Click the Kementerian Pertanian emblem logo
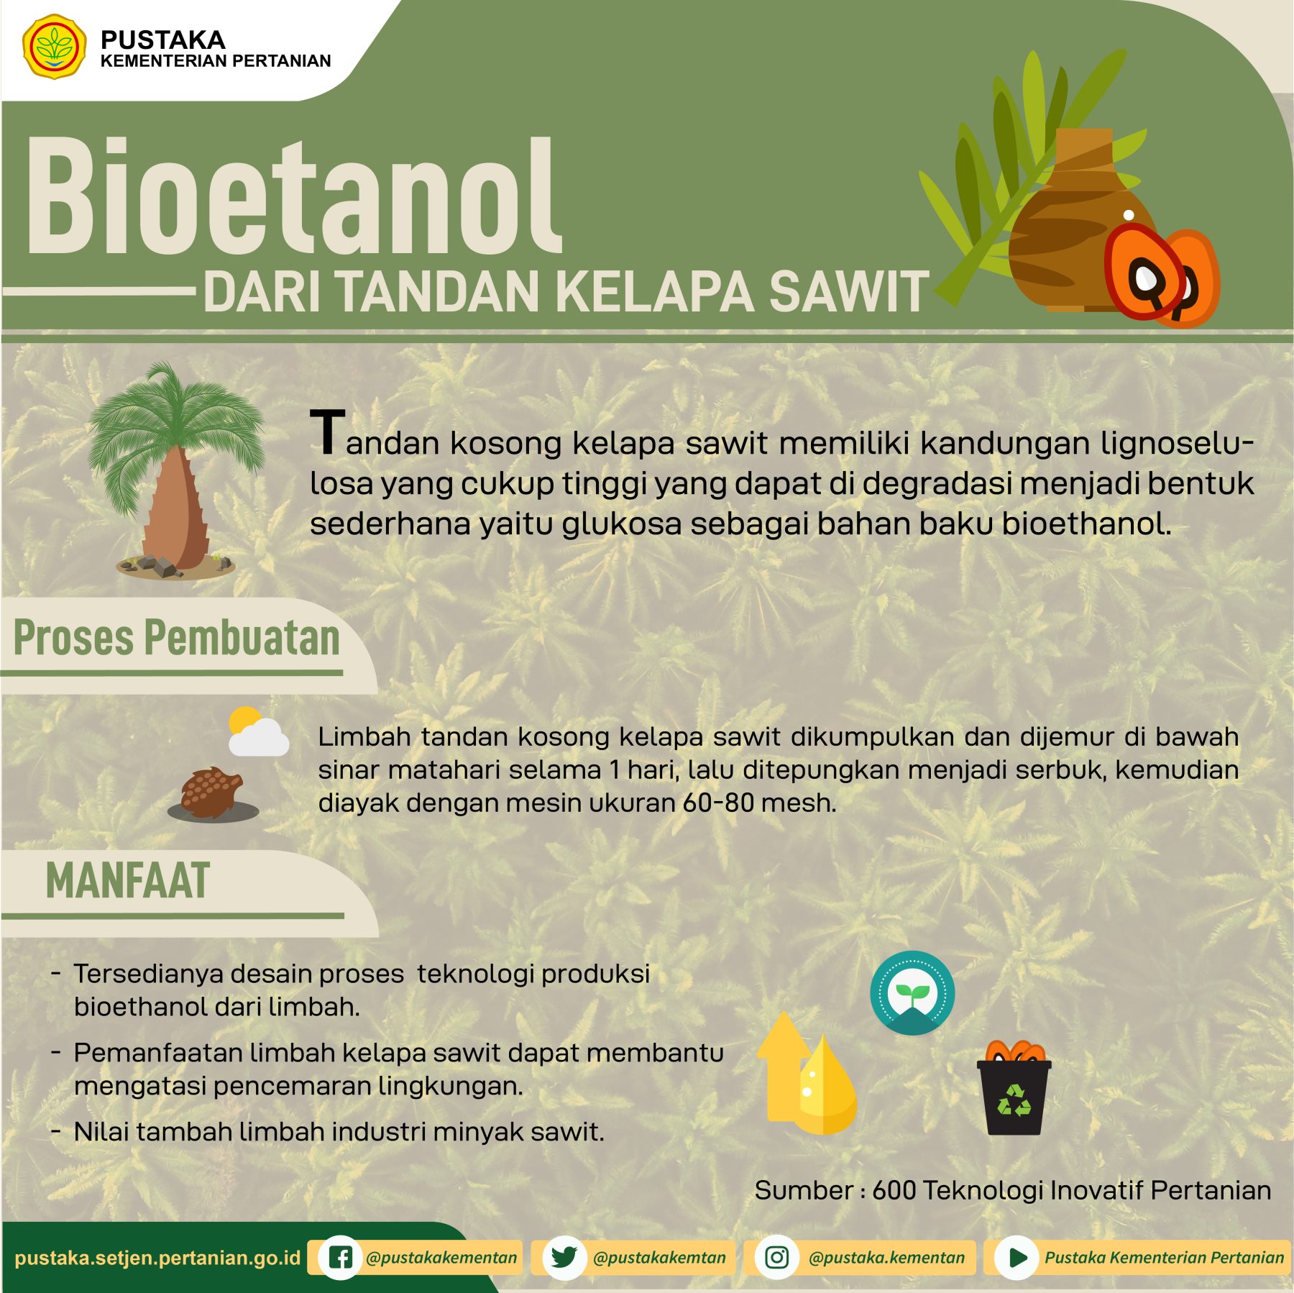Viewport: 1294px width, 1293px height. pyautogui.click(x=55, y=47)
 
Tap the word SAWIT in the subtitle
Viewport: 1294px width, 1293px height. pyautogui.click(x=849, y=292)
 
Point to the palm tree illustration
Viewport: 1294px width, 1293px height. pyautogui.click(x=175, y=471)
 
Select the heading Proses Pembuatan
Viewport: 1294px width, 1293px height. pyautogui.click(x=176, y=638)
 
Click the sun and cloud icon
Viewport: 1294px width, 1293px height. pyautogui.click(x=257, y=731)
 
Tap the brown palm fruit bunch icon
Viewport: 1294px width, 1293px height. pyautogui.click(x=212, y=793)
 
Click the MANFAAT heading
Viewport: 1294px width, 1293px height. pyautogui.click(x=128, y=881)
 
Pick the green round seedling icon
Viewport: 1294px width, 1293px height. pyautogui.click(x=912, y=992)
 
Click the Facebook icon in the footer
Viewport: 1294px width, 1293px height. pyautogui.click(x=340, y=1257)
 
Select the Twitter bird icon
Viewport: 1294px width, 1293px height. pyautogui.click(x=564, y=1257)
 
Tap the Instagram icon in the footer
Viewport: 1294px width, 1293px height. pyautogui.click(x=776, y=1257)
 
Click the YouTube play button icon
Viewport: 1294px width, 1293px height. pyautogui.click(x=1017, y=1257)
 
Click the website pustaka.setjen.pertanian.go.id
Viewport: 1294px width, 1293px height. pyautogui.click(x=157, y=1258)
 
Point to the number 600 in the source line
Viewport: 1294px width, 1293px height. pyautogui.click(x=894, y=1190)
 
